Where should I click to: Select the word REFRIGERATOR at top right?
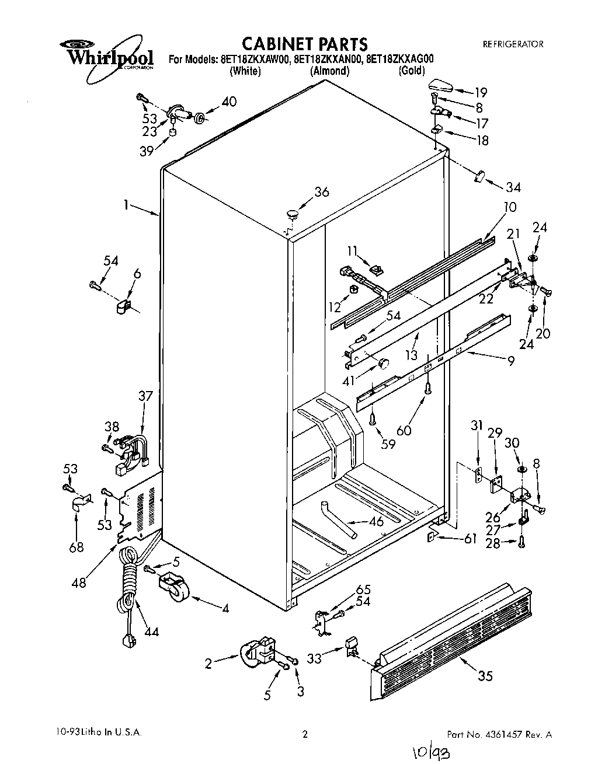click(513, 44)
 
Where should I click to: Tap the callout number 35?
click(485, 676)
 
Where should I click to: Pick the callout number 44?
click(151, 632)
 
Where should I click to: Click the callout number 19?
click(480, 92)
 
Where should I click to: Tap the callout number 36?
click(321, 192)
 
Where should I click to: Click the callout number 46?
click(377, 521)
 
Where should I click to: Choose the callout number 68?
click(77, 547)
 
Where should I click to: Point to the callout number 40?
click(229, 102)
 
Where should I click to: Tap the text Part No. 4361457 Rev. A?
click(499, 734)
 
